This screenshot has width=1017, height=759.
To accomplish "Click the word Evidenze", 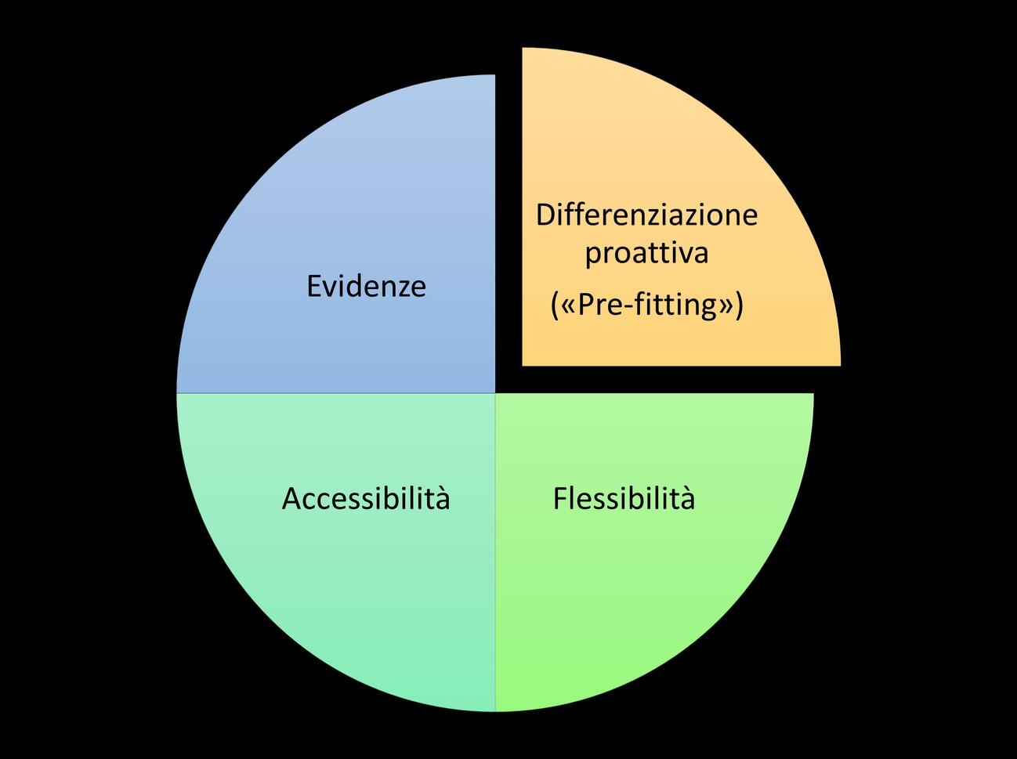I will [366, 287].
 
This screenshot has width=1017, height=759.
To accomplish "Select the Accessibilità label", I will [366, 499].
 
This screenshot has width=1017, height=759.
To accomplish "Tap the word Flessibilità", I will [624, 499].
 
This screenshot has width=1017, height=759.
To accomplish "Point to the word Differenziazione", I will [646, 215].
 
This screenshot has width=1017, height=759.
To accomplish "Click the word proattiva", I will [646, 254].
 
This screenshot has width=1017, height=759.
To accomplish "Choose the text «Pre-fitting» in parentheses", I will [646, 304].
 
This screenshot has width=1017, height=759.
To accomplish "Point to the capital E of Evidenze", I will [313, 287].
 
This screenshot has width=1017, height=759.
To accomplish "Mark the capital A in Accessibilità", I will [291, 499].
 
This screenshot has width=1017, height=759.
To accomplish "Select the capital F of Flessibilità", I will [559, 499].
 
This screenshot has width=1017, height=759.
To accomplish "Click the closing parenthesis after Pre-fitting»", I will [737, 304].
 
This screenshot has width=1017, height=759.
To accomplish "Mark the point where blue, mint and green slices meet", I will [495, 392].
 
